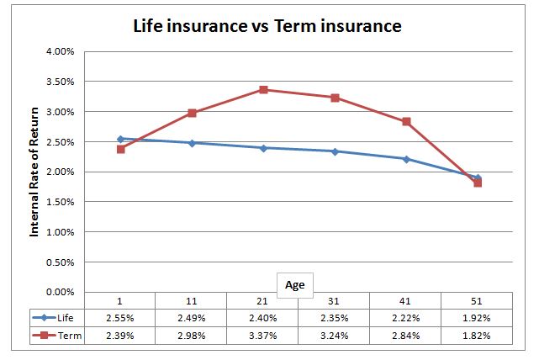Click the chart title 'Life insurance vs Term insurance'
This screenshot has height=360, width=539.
pyautogui.click(x=267, y=26)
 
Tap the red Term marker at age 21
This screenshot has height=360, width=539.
pyautogui.click(x=263, y=90)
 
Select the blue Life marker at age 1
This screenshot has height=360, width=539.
pyautogui.click(x=120, y=139)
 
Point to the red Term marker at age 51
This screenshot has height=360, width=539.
pyautogui.click(x=478, y=183)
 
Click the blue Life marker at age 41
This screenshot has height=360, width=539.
pyautogui.click(x=406, y=159)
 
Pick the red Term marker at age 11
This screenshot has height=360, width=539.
pyautogui.click(x=192, y=113)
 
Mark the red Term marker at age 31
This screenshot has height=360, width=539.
pyautogui.click(x=335, y=98)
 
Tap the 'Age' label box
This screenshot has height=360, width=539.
pyautogui.click(x=294, y=285)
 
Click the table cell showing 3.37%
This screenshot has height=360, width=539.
pyautogui.click(x=263, y=336)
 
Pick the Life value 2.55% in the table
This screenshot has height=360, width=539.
pyautogui.click(x=120, y=318)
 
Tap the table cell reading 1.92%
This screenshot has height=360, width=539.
pyautogui.click(x=478, y=318)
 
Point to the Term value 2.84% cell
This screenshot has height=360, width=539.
pyautogui.click(x=406, y=336)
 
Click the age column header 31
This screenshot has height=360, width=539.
pyautogui.click(x=335, y=301)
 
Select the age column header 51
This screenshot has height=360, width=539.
pyautogui.click(x=478, y=301)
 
